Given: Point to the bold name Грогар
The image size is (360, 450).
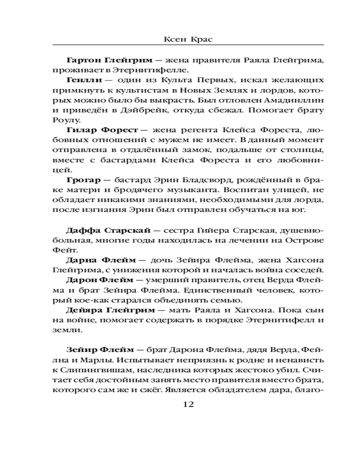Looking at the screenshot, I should [80, 180].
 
